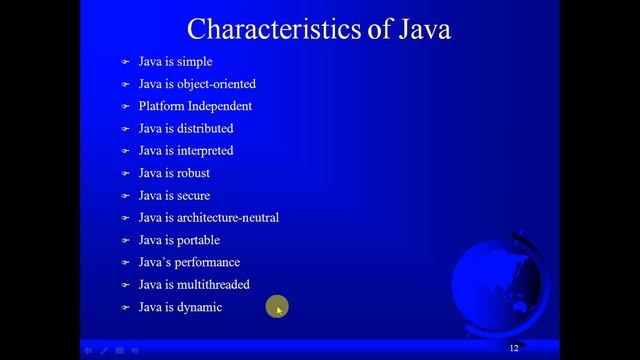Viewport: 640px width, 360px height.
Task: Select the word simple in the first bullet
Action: coord(194,62)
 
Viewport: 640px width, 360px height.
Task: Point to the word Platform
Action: coord(161,106)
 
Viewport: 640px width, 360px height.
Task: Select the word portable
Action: coord(197,240)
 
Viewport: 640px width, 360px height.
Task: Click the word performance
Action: coord(209,262)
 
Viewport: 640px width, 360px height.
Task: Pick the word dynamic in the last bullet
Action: coord(199,307)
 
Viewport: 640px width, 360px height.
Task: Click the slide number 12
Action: coord(514,348)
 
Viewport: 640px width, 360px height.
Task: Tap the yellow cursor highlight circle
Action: coord(277,308)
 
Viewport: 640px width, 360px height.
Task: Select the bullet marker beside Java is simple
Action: coord(126,62)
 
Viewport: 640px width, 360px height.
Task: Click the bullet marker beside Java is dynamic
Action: coord(126,308)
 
